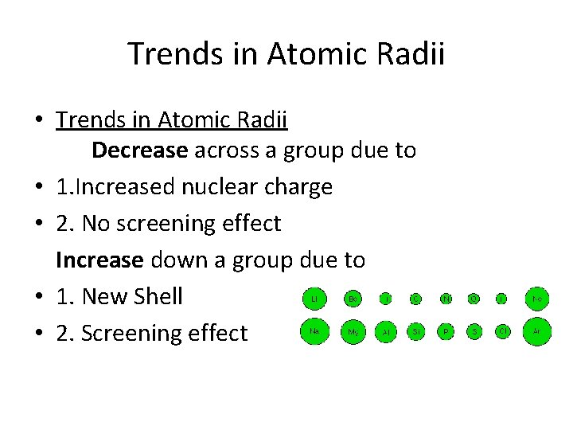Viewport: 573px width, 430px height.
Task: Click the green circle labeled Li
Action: coord(314,299)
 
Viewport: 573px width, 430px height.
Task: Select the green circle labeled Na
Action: coord(314,330)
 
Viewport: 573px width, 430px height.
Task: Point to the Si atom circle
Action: coord(415,330)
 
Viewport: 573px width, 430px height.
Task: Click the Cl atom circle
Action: coord(502,330)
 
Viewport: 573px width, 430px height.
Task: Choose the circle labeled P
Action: coord(446,330)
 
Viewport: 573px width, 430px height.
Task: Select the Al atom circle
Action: coord(385,330)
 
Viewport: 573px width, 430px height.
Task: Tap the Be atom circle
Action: coord(353,299)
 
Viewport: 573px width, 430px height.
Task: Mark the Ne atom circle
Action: coord(537,299)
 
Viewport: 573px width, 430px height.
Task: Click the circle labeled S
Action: coord(474,330)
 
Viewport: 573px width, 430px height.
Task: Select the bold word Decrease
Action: coord(140,150)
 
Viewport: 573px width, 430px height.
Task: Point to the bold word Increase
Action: coord(99,260)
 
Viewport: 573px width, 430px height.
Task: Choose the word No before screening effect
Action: coord(98,224)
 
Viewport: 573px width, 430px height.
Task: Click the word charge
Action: coord(302,187)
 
